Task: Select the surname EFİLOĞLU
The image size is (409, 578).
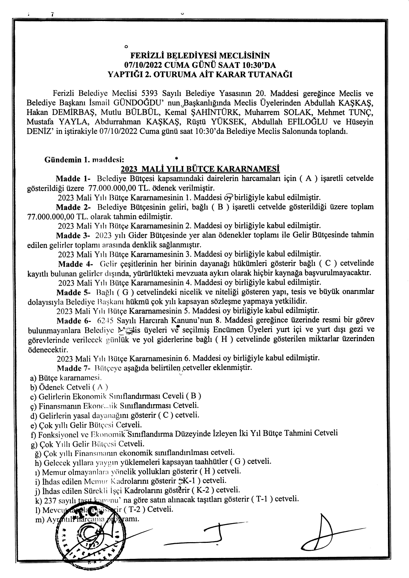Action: [308, 122]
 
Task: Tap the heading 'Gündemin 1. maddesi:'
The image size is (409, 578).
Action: [84, 160]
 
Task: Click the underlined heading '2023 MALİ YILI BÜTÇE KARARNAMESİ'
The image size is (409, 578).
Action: [200, 169]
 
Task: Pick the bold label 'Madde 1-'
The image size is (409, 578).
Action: [73, 179]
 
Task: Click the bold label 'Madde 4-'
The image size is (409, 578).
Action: [76, 264]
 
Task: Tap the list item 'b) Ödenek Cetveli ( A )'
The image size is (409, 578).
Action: [69, 387]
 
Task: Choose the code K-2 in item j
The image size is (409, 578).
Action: [205, 490]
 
